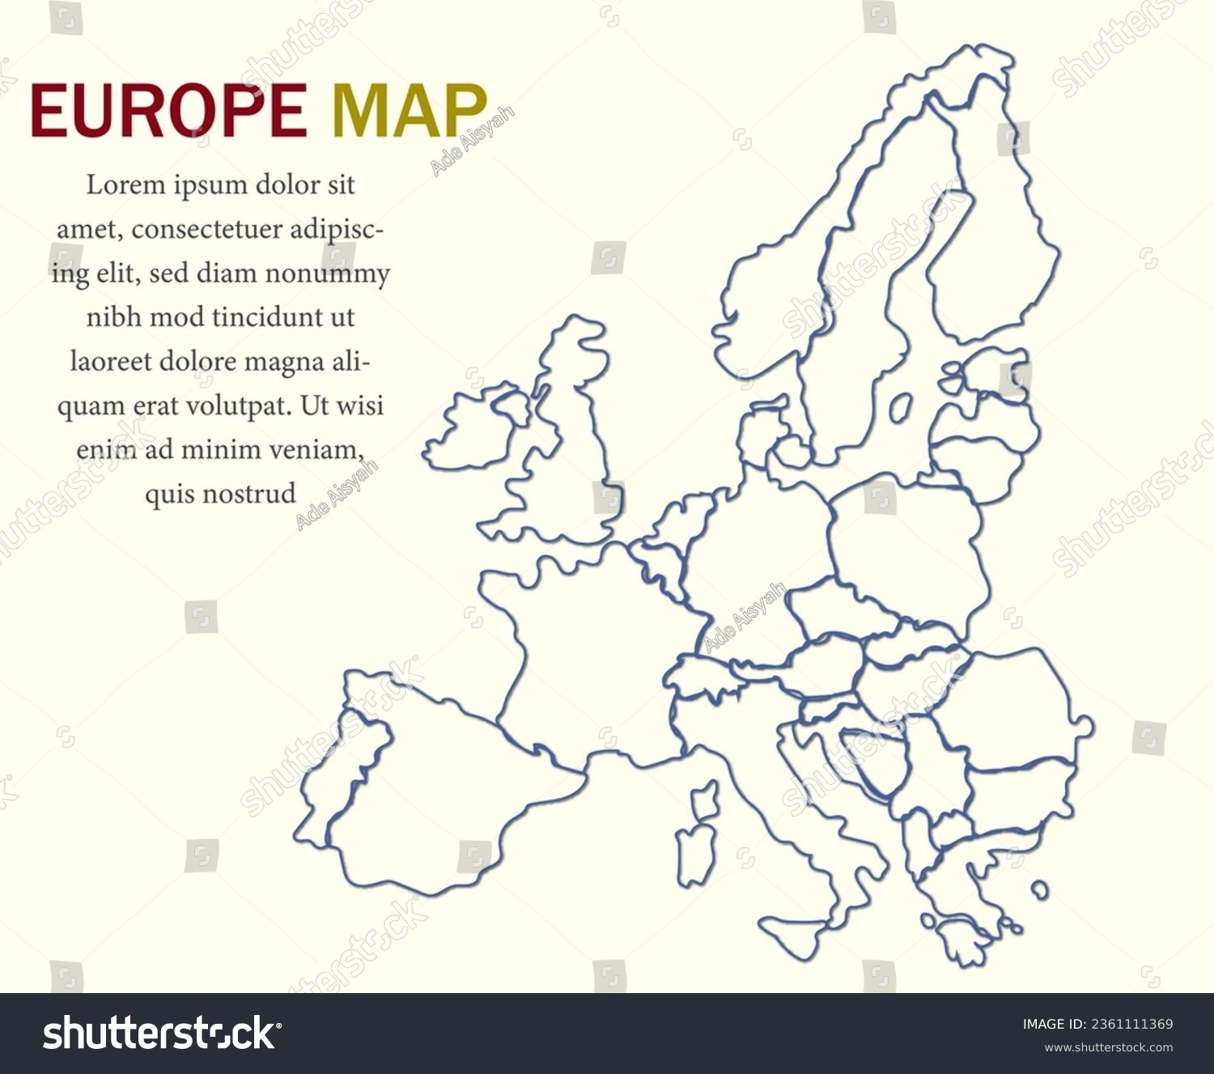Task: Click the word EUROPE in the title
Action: tap(168, 111)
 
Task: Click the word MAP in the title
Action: tap(410, 111)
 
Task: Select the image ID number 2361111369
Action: tap(1130, 1025)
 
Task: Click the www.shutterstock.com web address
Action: tap(1108, 1047)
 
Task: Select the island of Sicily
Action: tap(798, 931)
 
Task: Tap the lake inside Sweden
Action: tap(900, 407)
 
